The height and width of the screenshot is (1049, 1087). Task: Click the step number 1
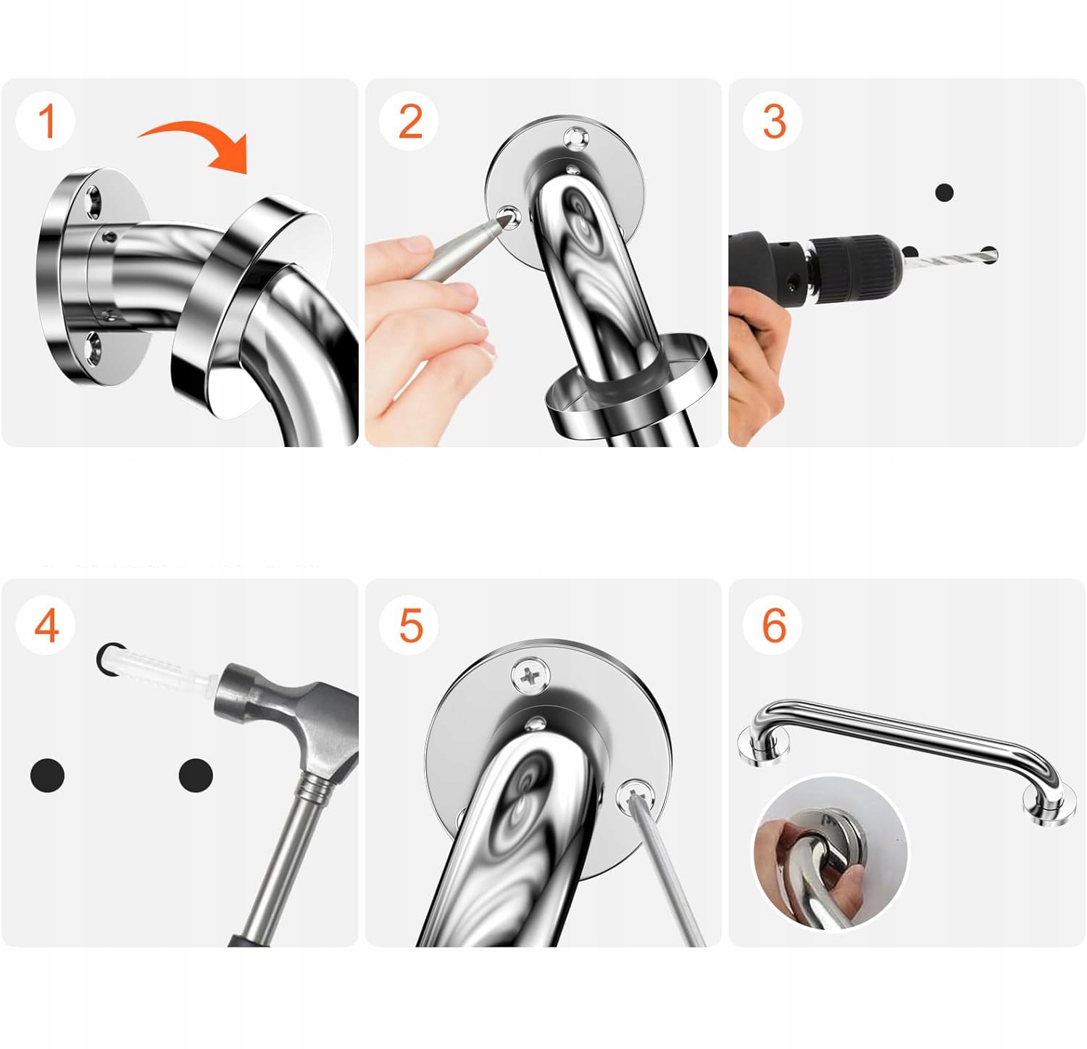[47, 121]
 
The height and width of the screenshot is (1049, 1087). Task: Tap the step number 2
[411, 121]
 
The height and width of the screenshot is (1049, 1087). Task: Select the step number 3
[774, 121]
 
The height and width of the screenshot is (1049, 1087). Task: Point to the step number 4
[46, 624]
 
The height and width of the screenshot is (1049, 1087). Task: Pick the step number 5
[411, 624]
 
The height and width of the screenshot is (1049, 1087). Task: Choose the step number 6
[774, 624]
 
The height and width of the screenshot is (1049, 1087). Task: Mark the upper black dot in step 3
[944, 193]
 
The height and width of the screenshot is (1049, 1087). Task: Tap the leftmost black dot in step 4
[48, 775]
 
